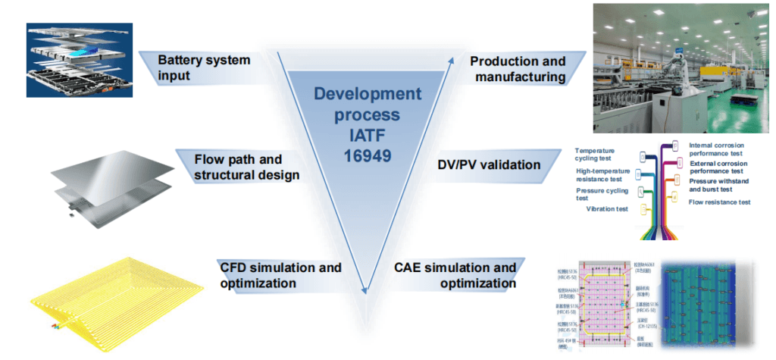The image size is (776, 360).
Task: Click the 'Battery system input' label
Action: [x=204, y=69]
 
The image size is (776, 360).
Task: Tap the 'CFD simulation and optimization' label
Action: [x=280, y=276]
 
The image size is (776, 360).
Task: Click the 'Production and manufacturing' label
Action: [x=518, y=69]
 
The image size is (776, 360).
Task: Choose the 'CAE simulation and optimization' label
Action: [x=455, y=276]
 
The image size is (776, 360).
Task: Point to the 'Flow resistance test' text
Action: [x=719, y=202]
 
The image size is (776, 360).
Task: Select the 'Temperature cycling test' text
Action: [x=605, y=155]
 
